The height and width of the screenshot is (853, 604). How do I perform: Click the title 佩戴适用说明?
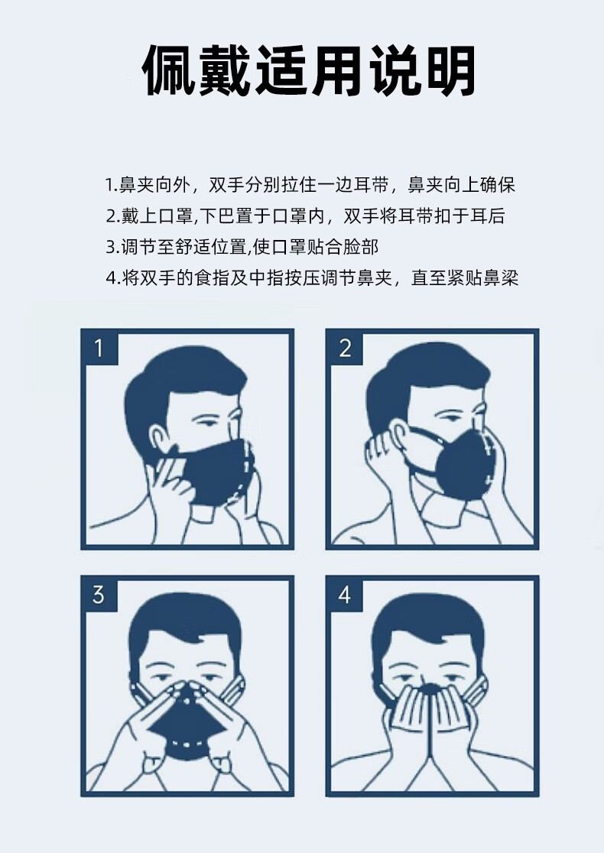point(310,71)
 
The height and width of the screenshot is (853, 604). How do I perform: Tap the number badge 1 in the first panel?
point(99,348)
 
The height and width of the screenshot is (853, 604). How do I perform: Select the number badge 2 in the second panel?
point(345,348)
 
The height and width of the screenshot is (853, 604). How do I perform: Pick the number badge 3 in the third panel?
point(99,594)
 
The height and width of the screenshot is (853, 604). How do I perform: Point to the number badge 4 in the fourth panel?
point(345,594)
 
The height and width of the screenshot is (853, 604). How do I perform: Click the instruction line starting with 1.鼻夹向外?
point(310,185)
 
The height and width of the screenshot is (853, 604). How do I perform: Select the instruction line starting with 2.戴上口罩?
point(305,216)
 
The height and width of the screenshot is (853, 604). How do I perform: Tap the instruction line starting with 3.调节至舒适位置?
point(242,247)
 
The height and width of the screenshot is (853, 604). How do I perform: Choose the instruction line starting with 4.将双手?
point(312,278)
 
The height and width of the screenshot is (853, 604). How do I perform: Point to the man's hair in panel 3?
point(187,619)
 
